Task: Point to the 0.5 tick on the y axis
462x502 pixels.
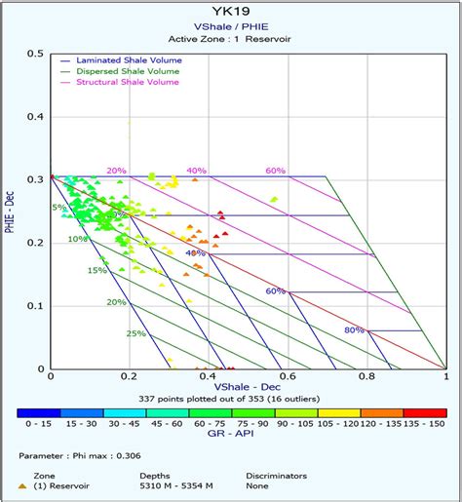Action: (36, 53)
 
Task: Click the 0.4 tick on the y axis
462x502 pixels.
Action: (36, 116)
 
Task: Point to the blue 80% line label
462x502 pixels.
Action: (354, 330)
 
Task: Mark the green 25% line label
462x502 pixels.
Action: (136, 333)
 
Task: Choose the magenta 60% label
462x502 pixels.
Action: (275, 171)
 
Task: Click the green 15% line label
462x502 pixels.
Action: (96, 270)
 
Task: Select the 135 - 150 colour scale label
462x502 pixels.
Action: (427, 425)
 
